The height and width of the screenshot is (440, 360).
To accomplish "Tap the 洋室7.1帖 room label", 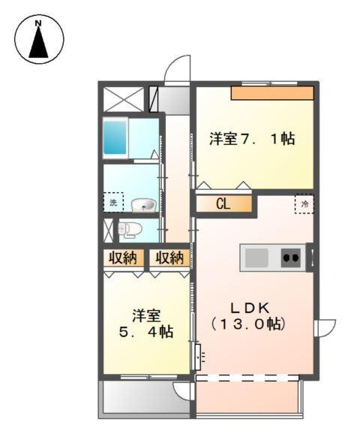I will click(x=252, y=138).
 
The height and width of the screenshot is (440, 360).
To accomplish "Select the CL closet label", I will click(x=223, y=203).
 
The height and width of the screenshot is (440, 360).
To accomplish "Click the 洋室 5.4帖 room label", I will click(x=148, y=323).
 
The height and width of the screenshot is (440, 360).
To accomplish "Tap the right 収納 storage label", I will click(x=169, y=258).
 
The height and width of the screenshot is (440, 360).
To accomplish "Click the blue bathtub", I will click(x=115, y=137).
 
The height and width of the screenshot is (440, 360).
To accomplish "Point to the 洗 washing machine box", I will click(x=112, y=203).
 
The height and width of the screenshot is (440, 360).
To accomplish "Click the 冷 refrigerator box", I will click(x=304, y=203).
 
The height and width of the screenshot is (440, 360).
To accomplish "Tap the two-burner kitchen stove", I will click(x=291, y=258).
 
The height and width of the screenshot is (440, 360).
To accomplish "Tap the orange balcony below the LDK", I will click(x=247, y=396).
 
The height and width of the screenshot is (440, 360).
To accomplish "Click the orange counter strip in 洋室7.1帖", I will click(x=271, y=93).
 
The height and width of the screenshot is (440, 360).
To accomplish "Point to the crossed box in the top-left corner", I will click(x=123, y=99).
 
